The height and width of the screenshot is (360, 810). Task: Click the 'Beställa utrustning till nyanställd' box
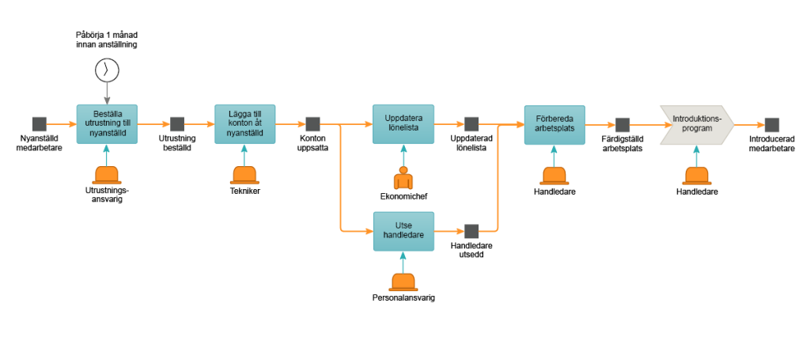107,124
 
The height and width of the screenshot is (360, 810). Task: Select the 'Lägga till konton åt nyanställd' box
245,124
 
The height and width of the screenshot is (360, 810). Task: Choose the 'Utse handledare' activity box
403,231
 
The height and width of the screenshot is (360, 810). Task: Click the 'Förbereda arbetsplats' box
555,125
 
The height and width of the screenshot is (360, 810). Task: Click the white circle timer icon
107,70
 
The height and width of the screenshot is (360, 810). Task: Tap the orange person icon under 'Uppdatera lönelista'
403,179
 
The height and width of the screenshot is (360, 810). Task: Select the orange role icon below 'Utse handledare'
403,282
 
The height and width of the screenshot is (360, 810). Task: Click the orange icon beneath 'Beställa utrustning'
107,176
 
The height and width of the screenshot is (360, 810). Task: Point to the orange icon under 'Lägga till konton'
245,176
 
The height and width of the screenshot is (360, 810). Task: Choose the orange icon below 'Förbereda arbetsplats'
555,176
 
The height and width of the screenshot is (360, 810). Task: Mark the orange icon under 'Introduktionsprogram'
697,176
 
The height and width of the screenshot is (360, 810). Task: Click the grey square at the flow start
39,124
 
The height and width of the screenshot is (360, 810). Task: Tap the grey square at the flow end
772,125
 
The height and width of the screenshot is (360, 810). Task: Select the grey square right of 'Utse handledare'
471,231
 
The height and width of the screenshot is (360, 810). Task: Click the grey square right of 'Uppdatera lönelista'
471,124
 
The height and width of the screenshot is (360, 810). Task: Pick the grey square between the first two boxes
177,124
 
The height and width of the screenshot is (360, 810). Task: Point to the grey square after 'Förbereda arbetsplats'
623,125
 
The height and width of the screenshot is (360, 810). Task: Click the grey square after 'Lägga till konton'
312,124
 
